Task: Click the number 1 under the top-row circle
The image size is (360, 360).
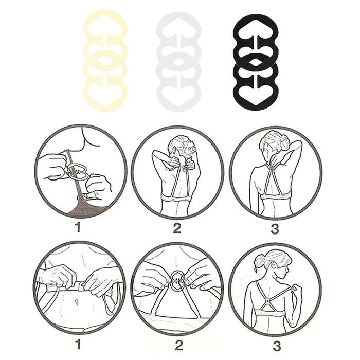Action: (x=78, y=227)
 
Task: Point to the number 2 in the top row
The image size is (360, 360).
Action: (x=177, y=228)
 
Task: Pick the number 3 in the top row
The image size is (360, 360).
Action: (x=275, y=228)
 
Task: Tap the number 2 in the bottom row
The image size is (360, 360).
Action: (x=178, y=345)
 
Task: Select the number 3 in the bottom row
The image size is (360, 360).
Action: (x=277, y=346)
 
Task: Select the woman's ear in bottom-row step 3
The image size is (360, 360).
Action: (x=274, y=266)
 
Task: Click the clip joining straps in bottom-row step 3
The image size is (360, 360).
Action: (x=268, y=301)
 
